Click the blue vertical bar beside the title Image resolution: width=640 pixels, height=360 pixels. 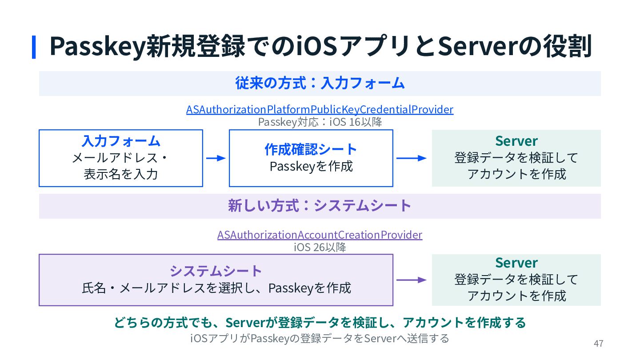click(34, 47)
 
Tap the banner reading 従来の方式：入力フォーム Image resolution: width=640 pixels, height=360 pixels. click(320, 83)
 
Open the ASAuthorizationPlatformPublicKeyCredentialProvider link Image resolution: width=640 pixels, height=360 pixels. click(320, 109)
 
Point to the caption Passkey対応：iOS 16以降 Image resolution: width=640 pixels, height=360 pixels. click(320, 122)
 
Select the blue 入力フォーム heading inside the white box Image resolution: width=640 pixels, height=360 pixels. click(121, 141)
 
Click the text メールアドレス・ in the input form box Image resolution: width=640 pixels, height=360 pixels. click(120, 158)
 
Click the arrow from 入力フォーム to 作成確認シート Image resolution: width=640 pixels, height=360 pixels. click(216, 158)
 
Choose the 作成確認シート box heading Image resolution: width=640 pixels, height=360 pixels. click(311, 149)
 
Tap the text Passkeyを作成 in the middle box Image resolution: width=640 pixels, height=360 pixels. click(311, 166)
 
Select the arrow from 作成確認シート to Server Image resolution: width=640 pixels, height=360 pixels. click(411, 158)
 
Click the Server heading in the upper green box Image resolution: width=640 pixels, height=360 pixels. click(516, 141)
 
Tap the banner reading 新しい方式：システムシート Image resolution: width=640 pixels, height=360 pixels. click(320, 206)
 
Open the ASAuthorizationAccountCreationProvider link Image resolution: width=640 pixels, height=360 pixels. click(320, 235)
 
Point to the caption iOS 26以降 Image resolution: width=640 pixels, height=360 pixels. click(320, 248)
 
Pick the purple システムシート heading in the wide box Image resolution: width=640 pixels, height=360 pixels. click(216, 271)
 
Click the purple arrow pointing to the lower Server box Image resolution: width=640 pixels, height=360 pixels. click(411, 280)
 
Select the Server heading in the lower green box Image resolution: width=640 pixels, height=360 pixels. click(516, 263)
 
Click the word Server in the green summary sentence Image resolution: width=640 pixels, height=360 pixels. click(246, 323)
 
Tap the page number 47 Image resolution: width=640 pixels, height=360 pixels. click(598, 343)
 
